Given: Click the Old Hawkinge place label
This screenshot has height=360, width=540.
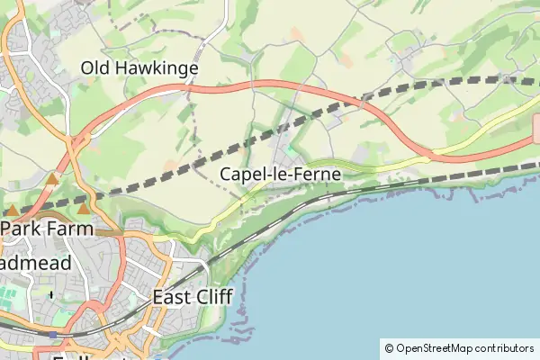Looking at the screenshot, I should pyautogui.click(x=139, y=67).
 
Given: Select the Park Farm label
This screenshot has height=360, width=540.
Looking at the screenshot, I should pyautogui.click(x=47, y=229).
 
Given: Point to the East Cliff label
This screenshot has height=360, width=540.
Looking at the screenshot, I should pyautogui.click(x=193, y=297).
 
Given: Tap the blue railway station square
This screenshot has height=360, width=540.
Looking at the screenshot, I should pyautogui.click(x=53, y=335).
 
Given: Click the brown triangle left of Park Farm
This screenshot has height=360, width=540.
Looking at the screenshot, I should pyautogui.click(x=12, y=210).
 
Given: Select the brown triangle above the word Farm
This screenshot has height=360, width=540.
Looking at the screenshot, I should pyautogui.click(x=84, y=210).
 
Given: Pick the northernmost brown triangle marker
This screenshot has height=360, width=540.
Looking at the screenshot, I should pyautogui.click(x=52, y=180).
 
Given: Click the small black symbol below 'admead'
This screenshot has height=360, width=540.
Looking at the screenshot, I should pyautogui.click(x=51, y=293).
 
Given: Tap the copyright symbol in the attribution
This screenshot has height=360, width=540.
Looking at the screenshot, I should pyautogui.click(x=389, y=347).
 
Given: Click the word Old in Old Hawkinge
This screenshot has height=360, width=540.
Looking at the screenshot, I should pyautogui.click(x=95, y=67).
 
